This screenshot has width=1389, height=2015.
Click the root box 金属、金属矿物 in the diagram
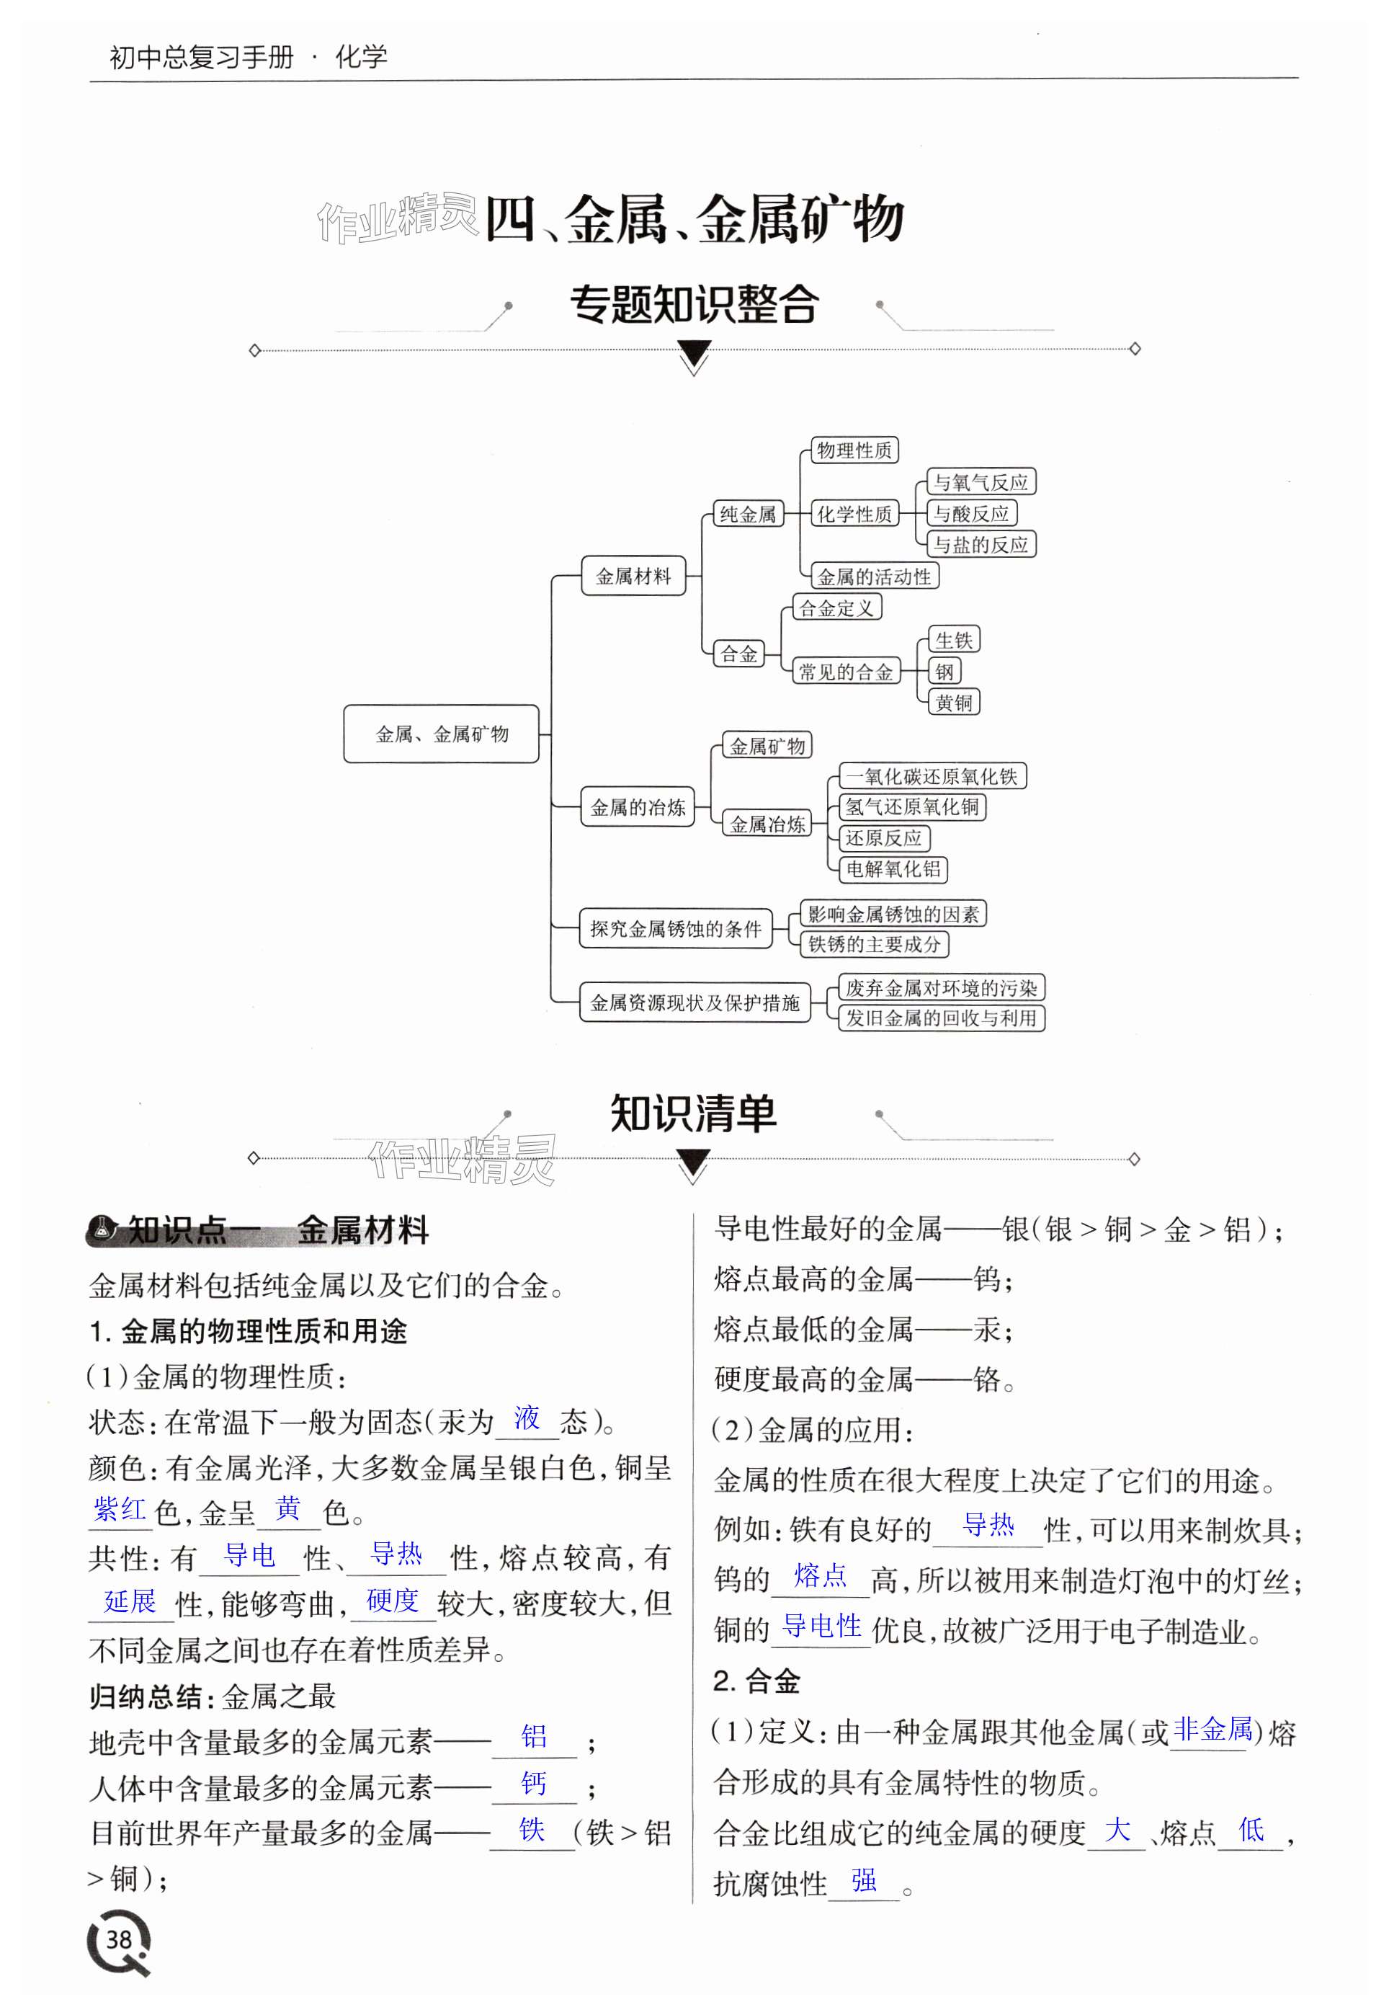coord(441,734)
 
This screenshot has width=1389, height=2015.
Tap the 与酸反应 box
coord(971,514)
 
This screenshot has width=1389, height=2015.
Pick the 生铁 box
coord(954,640)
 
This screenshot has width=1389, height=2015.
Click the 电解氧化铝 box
coord(893,868)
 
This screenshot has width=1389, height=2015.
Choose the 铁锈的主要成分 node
coord(875,944)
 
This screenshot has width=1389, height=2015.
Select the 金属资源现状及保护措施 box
coord(694,1002)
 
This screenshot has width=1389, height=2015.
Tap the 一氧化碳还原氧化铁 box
coord(932,776)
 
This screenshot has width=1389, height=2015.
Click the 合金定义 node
coord(836,608)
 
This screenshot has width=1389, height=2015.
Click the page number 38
coord(118,1939)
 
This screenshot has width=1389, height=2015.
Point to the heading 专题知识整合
coord(694,305)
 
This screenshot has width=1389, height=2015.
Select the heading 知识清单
coord(693,1113)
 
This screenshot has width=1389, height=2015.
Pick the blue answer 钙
coord(534,1784)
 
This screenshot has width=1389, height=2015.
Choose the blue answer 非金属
coord(1212,1730)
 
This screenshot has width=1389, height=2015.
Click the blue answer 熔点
coord(820,1575)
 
